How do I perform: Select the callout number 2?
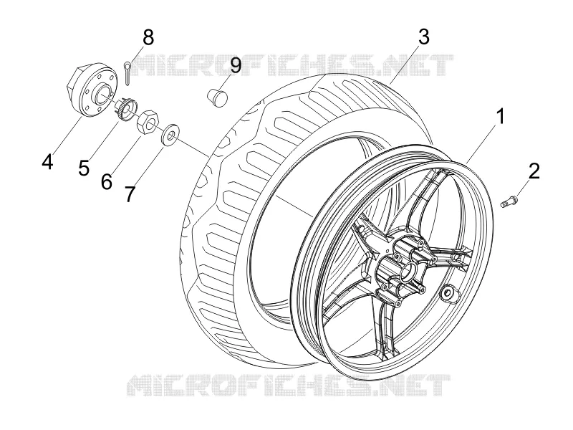(x=534, y=171)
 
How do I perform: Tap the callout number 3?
(x=423, y=37)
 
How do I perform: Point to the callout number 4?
(x=47, y=161)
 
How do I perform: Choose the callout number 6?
(x=106, y=181)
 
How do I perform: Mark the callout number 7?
(x=130, y=194)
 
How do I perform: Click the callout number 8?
(x=148, y=37)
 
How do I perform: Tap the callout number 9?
(x=236, y=65)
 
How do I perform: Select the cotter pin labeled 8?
(x=127, y=74)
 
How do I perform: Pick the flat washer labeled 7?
(x=170, y=134)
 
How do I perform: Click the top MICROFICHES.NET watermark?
(x=292, y=65)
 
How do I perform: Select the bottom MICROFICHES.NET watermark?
(x=289, y=385)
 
